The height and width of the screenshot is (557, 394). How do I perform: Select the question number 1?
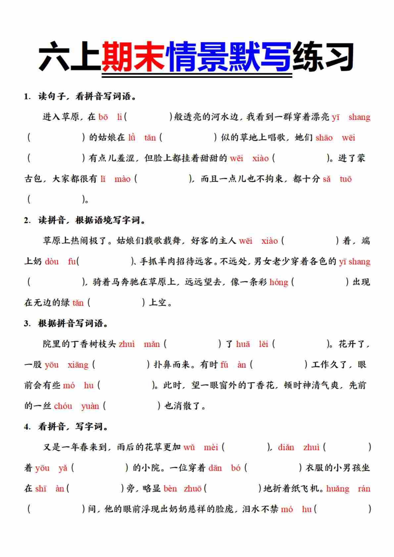click(26, 97)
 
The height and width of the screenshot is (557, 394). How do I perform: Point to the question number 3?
click(26, 324)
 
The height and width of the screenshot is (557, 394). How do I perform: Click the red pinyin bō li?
click(110, 117)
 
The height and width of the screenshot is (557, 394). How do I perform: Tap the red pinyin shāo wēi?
click(335, 137)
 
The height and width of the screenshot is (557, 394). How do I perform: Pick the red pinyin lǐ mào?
click(116, 179)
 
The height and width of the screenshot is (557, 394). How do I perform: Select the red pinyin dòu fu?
click(60, 262)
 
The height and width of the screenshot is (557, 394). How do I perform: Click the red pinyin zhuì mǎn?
click(139, 344)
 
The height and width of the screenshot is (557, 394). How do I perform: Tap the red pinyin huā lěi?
click(252, 344)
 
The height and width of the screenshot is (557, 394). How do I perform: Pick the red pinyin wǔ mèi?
click(201, 447)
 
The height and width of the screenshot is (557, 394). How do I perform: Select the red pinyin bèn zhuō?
click(183, 489)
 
